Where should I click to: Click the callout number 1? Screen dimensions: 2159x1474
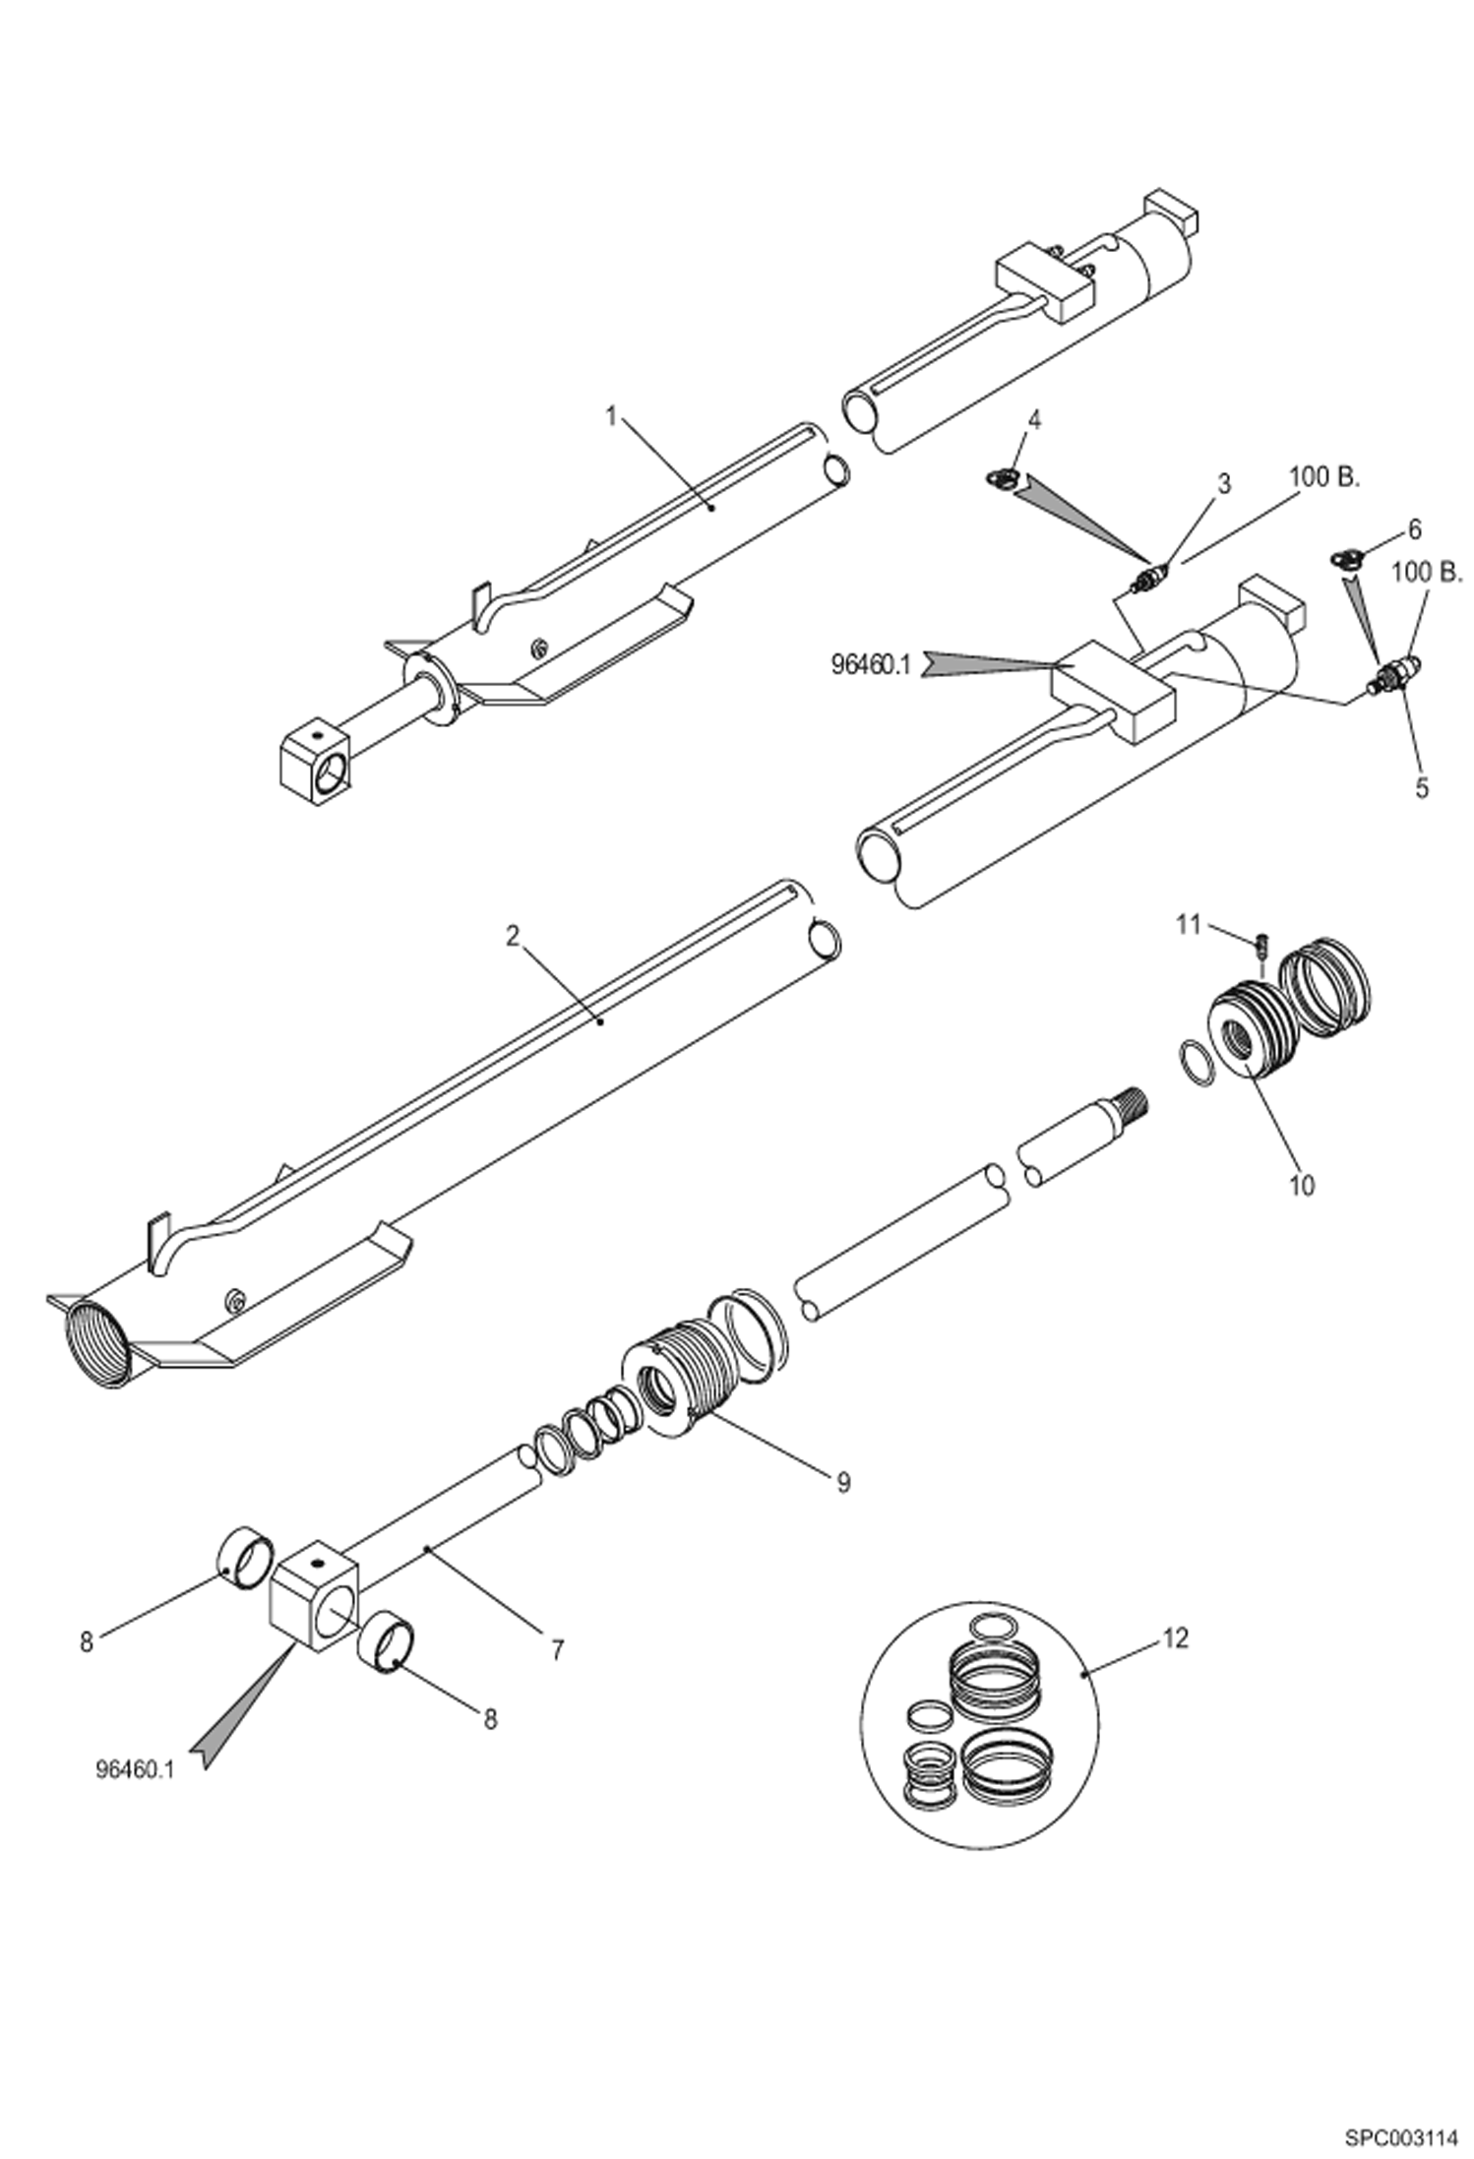click(x=610, y=417)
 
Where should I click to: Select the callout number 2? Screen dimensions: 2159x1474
click(x=512, y=936)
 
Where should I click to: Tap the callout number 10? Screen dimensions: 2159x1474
click(x=1301, y=1186)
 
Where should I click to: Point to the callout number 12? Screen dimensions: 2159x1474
click(x=1175, y=1638)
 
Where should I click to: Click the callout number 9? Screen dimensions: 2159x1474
click(x=843, y=1483)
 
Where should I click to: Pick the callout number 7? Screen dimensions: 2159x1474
click(x=557, y=1650)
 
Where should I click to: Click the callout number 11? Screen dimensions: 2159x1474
click(x=1190, y=924)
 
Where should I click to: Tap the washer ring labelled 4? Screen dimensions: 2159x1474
click(x=1001, y=478)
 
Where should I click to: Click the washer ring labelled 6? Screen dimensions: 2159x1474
click(x=1346, y=559)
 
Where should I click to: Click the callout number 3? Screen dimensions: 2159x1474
click(x=1223, y=483)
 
